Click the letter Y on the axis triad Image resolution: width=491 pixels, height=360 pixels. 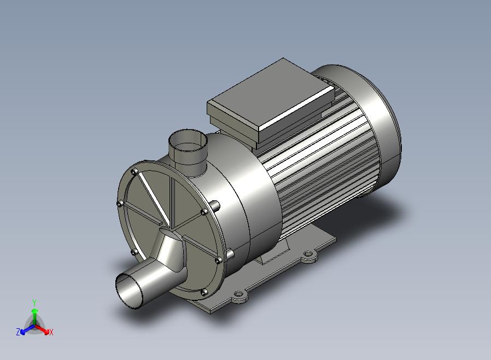34,303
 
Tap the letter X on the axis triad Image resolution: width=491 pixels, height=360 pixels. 51,332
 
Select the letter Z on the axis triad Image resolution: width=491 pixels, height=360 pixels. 18,332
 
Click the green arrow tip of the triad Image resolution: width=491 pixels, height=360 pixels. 35,311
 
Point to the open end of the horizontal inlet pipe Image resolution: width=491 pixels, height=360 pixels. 128,291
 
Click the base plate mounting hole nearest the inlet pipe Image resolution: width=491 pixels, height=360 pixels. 239,294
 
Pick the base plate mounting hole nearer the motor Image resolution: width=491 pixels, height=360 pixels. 309,253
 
